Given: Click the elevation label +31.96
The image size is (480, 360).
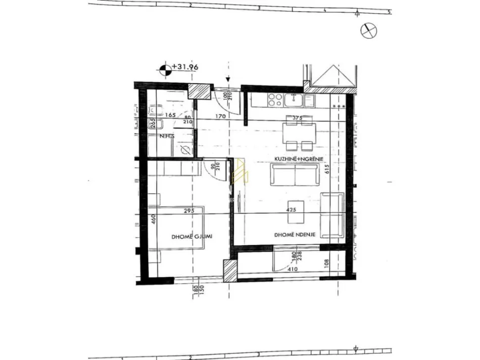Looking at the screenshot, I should pyautogui.click(x=185, y=66).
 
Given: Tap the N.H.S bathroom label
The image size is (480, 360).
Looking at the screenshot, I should pyautogui.click(x=167, y=137).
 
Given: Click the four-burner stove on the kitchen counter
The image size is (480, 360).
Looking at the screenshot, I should pyautogui.click(x=275, y=100).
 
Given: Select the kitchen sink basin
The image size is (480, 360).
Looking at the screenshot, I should pyautogui.click(x=293, y=101).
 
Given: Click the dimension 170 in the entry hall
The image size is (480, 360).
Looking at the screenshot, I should pyautogui.click(x=219, y=116).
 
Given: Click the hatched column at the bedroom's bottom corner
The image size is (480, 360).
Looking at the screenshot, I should pyautogui.click(x=230, y=272).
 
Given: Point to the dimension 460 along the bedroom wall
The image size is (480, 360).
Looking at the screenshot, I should pyautogui.click(x=152, y=220).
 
